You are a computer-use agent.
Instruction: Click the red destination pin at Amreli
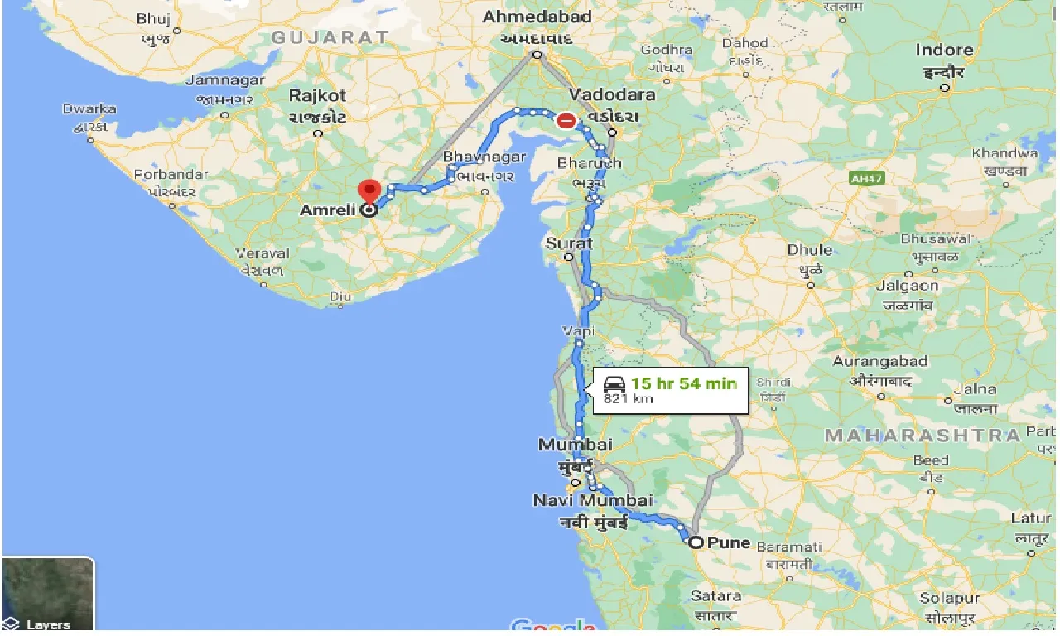(x=369, y=190)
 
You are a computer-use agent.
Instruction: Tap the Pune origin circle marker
(x=696, y=543)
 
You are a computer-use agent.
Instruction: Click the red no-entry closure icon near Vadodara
(x=566, y=121)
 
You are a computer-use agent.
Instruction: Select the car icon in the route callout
(x=614, y=384)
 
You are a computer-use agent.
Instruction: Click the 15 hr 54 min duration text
(x=683, y=383)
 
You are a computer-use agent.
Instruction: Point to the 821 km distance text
(x=628, y=399)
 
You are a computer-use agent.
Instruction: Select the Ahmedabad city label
(x=537, y=17)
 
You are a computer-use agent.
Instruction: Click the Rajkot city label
(x=317, y=96)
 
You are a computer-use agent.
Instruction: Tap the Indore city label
(x=944, y=50)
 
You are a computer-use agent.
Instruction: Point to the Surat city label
(x=569, y=243)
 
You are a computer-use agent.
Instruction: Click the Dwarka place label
(x=89, y=109)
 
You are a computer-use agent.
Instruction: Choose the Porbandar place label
(x=172, y=175)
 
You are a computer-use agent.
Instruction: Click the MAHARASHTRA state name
(x=922, y=435)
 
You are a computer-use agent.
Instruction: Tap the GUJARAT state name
(x=330, y=37)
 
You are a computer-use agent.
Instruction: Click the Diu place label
(x=340, y=296)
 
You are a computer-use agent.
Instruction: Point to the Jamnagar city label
(x=225, y=80)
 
